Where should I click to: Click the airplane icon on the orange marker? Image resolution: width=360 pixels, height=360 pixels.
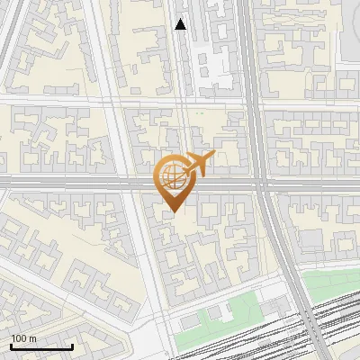pos(198,164)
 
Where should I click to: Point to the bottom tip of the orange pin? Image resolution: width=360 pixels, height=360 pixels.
pos(171,212)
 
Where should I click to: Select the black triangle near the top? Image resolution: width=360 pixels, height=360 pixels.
pos(181,25)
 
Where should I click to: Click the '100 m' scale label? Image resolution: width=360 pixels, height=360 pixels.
pos(23,338)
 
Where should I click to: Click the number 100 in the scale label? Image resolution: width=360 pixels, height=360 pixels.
pos(19,338)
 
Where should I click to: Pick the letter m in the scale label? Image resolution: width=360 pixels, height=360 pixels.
pos(32,338)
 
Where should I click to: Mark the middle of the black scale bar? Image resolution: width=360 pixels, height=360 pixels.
pos(41,346)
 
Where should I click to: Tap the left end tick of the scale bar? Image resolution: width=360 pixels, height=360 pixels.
pos(11,345)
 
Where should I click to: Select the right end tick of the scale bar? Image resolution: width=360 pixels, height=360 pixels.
pos(72,345)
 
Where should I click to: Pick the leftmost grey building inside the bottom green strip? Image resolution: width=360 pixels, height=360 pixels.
pos(189,321)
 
